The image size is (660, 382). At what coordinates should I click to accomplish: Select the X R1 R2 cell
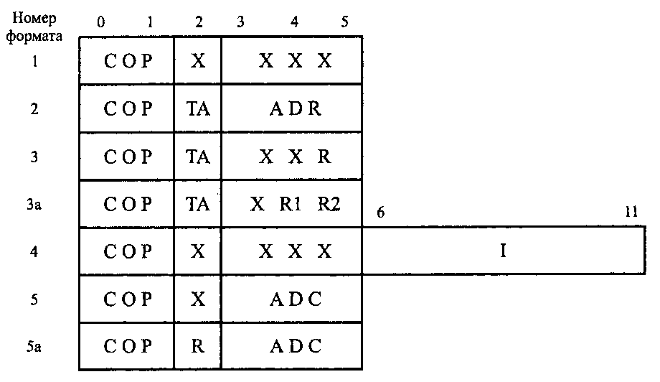coord(295,203)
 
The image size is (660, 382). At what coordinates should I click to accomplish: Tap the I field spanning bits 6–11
coord(504,251)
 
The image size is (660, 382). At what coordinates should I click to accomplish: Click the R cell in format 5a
coord(198,345)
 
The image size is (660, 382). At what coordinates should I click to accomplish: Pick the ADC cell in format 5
coord(295,298)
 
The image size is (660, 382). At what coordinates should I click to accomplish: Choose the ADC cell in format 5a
coord(295,345)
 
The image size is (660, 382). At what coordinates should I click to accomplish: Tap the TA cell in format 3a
coord(198,203)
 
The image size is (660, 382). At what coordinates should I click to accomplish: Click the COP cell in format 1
coord(128,61)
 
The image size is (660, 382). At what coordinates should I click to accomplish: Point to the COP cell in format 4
coord(128,251)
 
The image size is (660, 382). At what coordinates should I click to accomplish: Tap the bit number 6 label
coord(381,214)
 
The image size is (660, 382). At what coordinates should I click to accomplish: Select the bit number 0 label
coord(100,22)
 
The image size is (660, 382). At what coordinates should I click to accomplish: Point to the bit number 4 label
coord(294,22)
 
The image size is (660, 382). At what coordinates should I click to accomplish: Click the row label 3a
coord(34,204)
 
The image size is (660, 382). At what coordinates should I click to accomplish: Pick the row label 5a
coord(34,345)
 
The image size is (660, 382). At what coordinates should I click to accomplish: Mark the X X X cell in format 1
coord(295,61)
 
